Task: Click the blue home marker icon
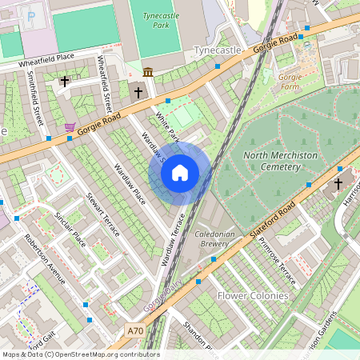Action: tap(180, 172)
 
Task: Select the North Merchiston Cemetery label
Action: tap(270, 161)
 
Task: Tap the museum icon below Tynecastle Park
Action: tap(148, 73)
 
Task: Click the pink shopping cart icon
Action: tap(70, 126)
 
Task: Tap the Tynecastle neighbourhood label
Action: tap(218, 50)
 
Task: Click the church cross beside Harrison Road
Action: tap(338, 184)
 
